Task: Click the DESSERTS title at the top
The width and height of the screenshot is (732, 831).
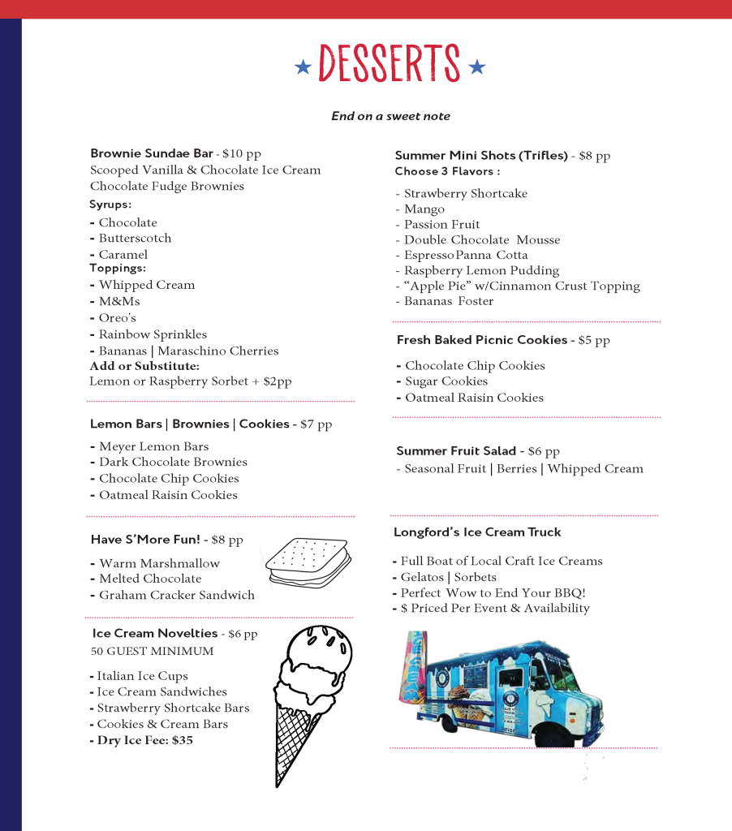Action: coord(390,64)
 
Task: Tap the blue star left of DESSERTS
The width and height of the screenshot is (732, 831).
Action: coord(303,67)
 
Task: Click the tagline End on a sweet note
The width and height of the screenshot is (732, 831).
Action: coord(390,116)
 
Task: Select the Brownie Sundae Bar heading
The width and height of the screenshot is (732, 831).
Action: coord(152,153)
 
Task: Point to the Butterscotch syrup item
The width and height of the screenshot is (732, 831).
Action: coord(135,239)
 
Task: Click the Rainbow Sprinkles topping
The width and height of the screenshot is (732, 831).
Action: coord(153,334)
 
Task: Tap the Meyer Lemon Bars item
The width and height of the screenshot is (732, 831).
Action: coord(153,446)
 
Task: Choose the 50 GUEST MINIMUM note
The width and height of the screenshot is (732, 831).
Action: coord(153,652)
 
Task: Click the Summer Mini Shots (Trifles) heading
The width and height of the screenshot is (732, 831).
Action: coord(481,155)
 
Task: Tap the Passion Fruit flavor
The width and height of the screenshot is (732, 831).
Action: coord(441,225)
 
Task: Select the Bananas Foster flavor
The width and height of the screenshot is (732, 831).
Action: coord(449,301)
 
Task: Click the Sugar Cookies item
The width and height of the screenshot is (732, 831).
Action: coord(446,381)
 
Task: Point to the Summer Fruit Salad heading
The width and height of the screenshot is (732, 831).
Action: coord(456,451)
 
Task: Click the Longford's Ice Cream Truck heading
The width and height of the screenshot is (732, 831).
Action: coord(477,532)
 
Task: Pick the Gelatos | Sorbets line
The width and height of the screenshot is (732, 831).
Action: coord(448,577)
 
